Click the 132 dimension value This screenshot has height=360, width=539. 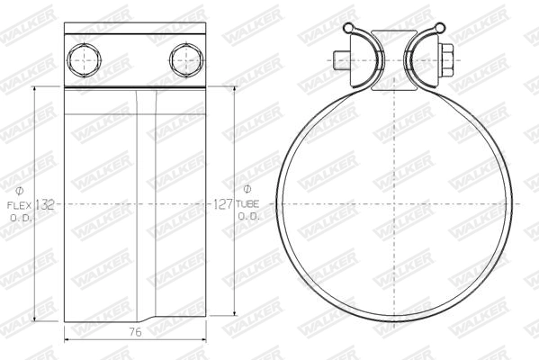click(45, 205)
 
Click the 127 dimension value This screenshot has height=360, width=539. click(223, 205)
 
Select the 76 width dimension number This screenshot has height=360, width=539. click(136, 332)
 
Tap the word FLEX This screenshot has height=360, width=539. click(21, 205)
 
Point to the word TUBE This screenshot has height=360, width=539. click(247, 205)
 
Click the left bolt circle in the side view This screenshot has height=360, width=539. click(84, 60)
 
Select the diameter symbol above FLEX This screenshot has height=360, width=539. click(21, 191)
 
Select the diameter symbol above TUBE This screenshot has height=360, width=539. click(247, 189)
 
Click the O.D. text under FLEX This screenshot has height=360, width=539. click(21, 218)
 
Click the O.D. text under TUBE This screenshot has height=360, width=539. click(247, 218)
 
